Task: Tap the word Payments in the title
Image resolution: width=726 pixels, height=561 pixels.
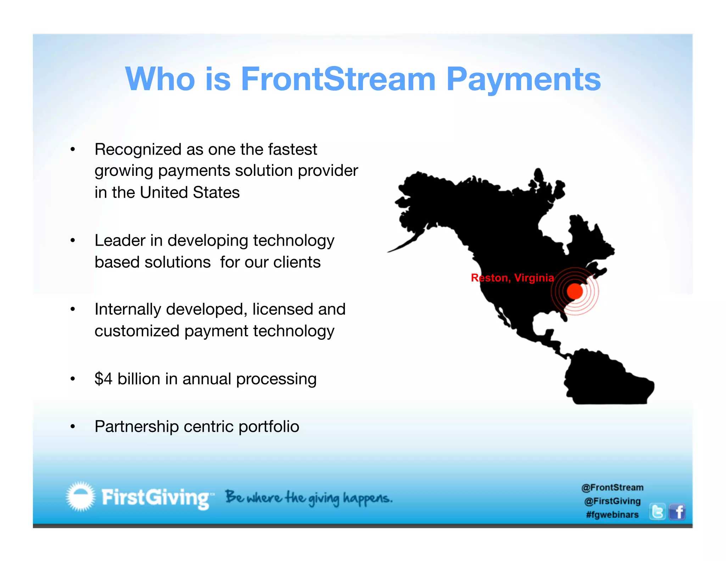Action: (523, 79)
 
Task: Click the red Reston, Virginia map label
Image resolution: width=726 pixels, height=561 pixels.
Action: (512, 278)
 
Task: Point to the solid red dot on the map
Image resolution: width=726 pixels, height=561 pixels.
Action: (575, 291)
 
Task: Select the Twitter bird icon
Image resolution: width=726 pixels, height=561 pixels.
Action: (657, 512)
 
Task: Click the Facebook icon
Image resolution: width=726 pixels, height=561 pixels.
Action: (677, 512)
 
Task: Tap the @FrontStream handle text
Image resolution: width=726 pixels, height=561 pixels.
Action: (612, 488)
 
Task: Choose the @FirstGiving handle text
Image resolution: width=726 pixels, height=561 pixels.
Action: (612, 501)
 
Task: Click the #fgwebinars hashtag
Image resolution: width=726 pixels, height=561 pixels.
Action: (612, 515)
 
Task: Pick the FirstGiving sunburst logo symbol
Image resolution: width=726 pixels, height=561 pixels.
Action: (81, 496)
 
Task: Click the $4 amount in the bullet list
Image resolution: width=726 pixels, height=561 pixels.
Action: (104, 379)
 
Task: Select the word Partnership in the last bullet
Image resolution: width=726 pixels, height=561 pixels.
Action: (136, 427)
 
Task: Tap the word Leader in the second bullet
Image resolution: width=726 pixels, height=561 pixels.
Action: (120, 240)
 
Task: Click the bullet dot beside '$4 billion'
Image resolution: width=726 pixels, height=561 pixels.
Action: (73, 379)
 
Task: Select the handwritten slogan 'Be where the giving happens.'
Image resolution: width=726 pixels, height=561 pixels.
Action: (309, 498)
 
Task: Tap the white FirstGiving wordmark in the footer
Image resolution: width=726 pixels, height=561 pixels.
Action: (156, 498)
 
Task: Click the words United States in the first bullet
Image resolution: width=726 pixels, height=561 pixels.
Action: (190, 193)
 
